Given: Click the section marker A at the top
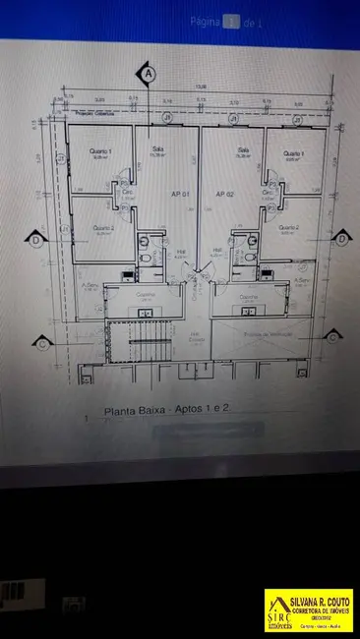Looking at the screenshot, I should tap(149, 74).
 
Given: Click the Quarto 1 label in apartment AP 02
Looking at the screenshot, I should tap(291, 153).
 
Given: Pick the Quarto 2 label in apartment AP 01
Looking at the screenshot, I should tap(103, 228).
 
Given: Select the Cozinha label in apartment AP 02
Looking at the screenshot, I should tap(248, 294).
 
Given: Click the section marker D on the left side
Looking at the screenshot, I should tap(35, 239).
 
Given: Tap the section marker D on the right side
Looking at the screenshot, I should tap(341, 238).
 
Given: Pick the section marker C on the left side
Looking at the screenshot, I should tap(41, 343).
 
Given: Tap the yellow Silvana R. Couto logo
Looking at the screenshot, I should tap(308, 610).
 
